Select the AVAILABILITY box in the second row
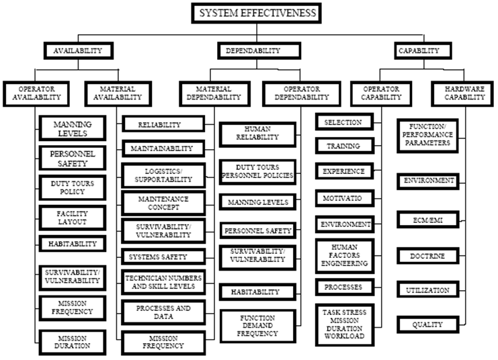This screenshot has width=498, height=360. point(78,50)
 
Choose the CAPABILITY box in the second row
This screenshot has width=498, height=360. point(419,50)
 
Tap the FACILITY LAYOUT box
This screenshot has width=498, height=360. point(72,216)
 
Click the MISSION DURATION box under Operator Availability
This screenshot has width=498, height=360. point(72,341)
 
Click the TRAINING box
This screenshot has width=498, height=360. point(343,146)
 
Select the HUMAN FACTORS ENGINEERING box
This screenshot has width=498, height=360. point(343,255)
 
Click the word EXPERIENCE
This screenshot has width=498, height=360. point(343,171)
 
